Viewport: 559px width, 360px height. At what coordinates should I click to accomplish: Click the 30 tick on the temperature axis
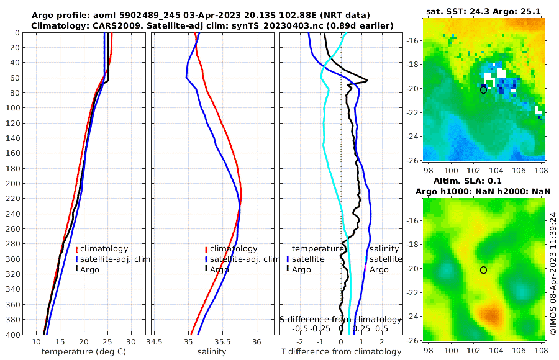point(131,341)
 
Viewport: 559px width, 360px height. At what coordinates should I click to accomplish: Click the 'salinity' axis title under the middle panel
point(211,352)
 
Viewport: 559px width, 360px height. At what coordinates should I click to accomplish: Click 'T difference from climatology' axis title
point(341,352)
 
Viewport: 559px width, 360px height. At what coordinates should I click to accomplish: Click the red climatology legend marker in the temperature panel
point(76,249)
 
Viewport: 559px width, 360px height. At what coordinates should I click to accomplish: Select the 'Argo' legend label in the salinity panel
point(219,269)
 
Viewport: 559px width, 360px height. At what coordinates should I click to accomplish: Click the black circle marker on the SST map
point(483,89)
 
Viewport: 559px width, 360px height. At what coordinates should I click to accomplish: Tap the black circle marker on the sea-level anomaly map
point(483,269)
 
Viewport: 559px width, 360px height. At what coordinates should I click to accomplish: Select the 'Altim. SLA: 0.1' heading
point(483,180)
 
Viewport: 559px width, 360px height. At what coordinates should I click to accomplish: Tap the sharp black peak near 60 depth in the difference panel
point(367,80)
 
